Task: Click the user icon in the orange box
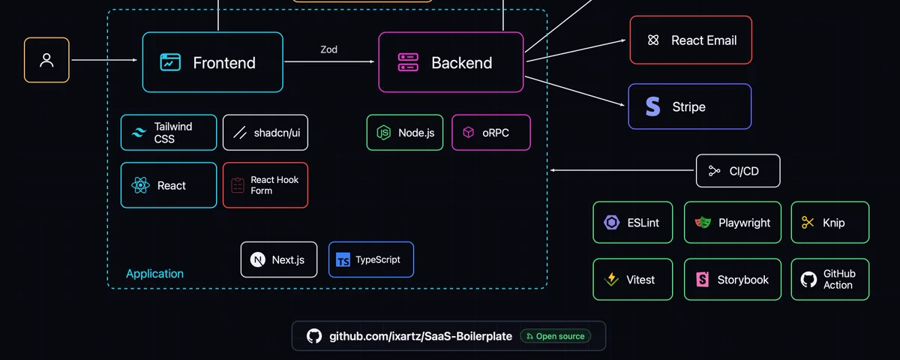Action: [46, 60]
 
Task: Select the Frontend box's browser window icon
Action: [170, 62]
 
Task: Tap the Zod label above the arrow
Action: [328, 49]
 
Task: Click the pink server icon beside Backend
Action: [408, 62]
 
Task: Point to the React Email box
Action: [691, 40]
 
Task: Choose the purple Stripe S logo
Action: [652, 106]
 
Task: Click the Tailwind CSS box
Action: [169, 133]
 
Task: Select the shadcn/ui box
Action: [265, 133]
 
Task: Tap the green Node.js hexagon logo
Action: [384, 133]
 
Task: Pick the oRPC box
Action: [491, 133]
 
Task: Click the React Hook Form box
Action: [265, 185]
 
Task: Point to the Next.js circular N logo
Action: [257, 259]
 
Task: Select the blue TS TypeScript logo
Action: [343, 260]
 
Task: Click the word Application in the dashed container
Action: [154, 274]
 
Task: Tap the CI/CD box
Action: [738, 171]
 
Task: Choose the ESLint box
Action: [633, 222]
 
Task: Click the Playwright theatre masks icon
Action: [703, 222]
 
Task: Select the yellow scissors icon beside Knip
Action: [808, 222]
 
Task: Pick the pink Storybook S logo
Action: [702, 279]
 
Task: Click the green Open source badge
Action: [555, 336]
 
